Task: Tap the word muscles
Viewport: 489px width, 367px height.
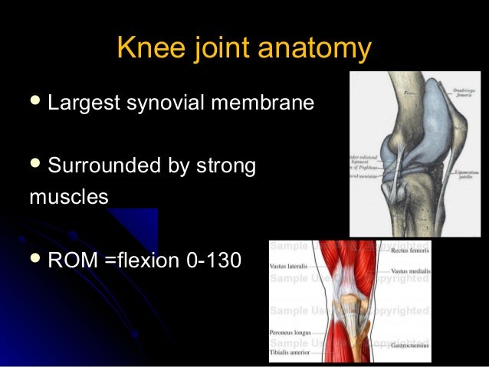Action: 69,196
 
